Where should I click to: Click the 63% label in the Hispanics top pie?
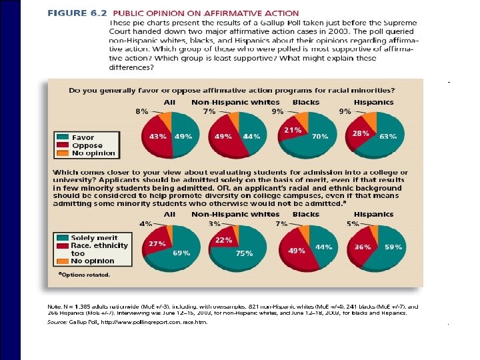pos(388,136)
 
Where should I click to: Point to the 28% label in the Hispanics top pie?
pos(361,133)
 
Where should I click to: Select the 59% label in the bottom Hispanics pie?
pos(394,247)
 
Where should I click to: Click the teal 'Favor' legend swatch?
pos(63,138)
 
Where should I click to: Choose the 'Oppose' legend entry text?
pos(87,145)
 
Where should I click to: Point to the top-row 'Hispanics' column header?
pos(373,103)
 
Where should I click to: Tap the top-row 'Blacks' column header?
pos(306,103)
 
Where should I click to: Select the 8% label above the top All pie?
pos(142,112)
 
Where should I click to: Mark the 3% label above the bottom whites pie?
pos(215,224)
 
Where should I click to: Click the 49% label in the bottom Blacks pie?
pos(297,251)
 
